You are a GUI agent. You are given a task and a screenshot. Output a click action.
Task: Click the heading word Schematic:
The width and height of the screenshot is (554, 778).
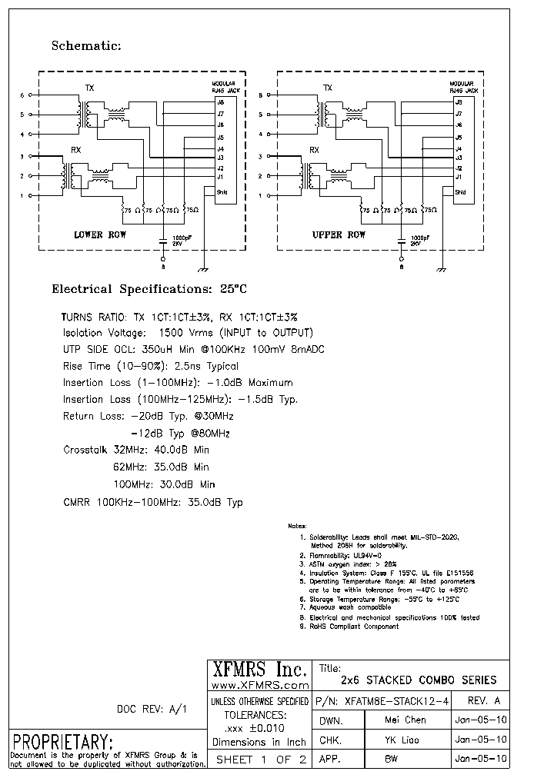click(86, 46)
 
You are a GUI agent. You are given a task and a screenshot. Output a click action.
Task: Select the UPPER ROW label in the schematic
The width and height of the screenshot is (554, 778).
click(339, 234)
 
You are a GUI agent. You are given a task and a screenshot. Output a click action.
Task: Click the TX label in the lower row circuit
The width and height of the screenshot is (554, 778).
click(89, 88)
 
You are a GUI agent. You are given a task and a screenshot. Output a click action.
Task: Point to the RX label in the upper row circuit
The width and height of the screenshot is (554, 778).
click(314, 150)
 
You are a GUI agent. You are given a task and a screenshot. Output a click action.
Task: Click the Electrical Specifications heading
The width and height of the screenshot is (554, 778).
click(149, 290)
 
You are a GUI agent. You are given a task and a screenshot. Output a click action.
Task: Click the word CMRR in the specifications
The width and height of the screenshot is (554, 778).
click(77, 502)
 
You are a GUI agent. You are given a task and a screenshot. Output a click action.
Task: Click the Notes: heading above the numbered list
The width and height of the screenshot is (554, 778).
click(296, 526)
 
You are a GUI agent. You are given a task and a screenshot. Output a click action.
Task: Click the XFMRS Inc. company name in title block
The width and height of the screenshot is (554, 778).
click(259, 669)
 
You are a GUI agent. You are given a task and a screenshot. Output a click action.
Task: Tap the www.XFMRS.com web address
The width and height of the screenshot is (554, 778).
click(259, 684)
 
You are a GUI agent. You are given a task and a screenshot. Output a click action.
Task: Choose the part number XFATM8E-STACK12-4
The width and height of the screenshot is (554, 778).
click(392, 701)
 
